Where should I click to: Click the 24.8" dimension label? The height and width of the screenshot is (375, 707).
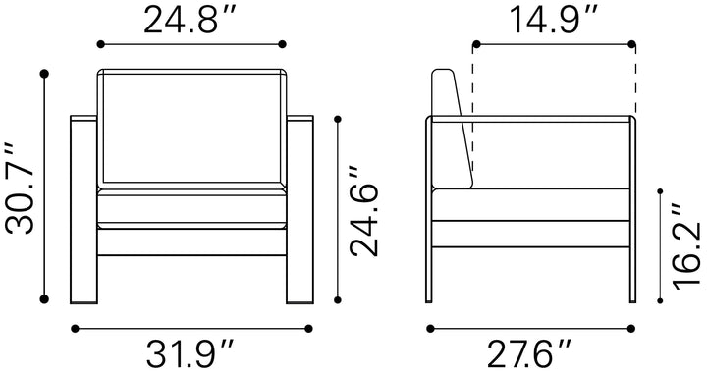coord(190,21)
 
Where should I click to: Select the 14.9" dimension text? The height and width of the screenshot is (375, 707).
coord(553,21)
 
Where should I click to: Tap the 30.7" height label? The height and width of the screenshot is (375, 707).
coord(21,187)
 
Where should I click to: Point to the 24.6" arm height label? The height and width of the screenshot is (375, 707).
coord(363,210)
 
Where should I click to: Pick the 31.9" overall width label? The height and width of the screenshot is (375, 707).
coord(190,353)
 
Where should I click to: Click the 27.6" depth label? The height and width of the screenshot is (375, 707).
coord(528,353)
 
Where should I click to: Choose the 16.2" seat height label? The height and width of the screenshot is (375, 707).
coord(686,245)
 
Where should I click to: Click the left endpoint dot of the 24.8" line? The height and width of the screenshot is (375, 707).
coord(100,44)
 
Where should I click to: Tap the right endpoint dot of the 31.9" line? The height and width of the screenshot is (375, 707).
coord(308,329)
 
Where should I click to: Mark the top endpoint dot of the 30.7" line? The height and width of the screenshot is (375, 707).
coord(44,74)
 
